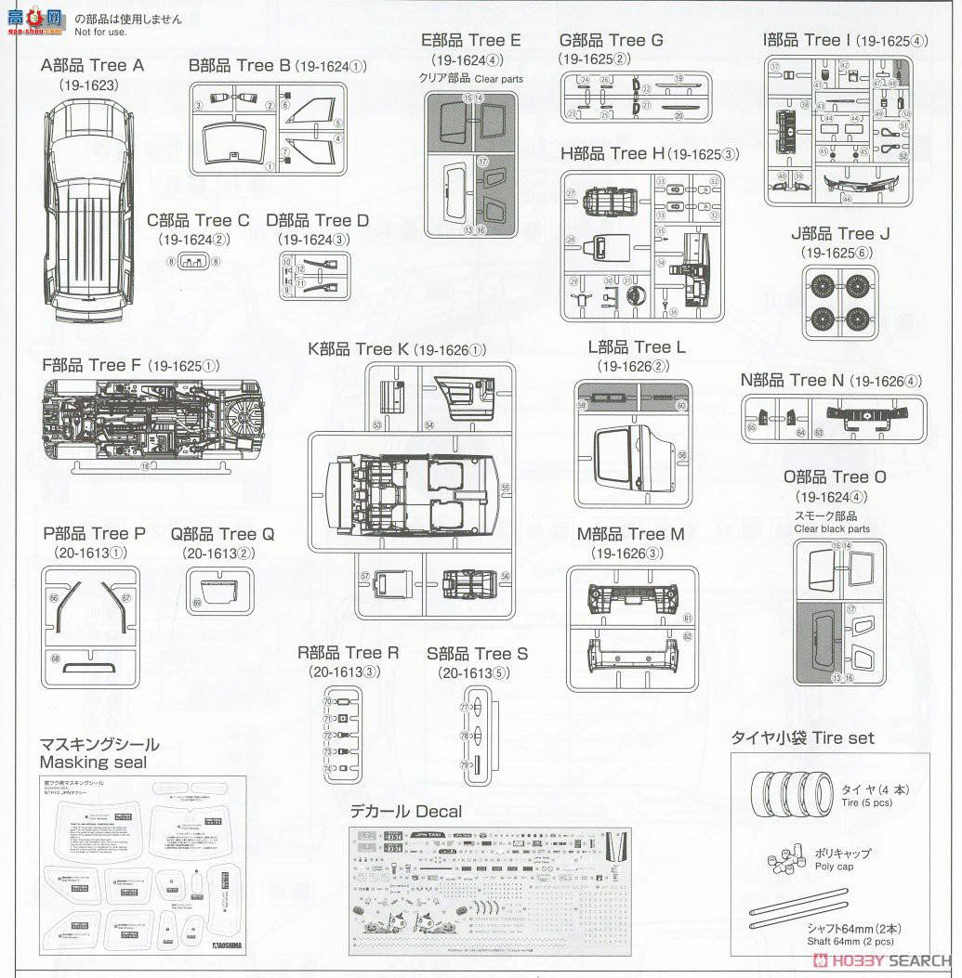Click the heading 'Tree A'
(93, 65)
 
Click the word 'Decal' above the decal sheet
(438, 811)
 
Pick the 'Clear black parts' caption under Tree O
(832, 528)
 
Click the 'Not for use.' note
(100, 32)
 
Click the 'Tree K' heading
(359, 348)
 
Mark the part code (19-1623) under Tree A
(91, 84)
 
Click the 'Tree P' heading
(94, 533)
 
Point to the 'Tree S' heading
(477, 654)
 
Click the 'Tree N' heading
(792, 380)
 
